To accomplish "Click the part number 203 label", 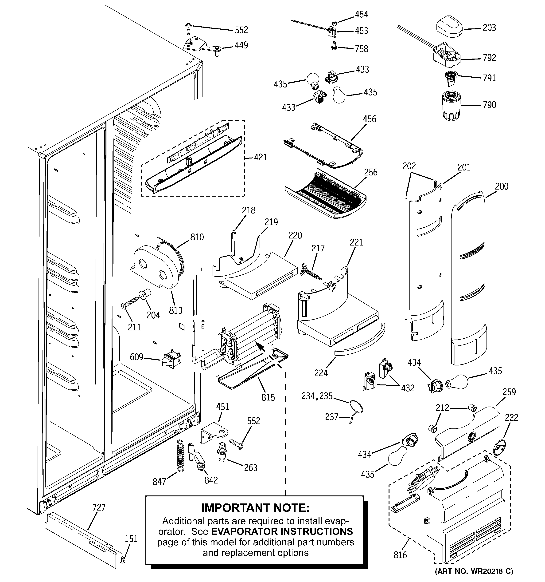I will click(x=489, y=28).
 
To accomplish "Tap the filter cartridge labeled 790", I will click(x=452, y=106).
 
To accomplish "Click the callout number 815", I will click(x=268, y=397).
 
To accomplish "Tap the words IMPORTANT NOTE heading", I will click(x=255, y=508).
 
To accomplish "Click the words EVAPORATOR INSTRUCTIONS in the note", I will click(x=282, y=531).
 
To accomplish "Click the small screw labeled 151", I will click(x=123, y=559).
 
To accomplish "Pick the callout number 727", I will click(x=99, y=507).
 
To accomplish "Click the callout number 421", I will click(x=260, y=158).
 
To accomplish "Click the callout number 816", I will click(x=400, y=555).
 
